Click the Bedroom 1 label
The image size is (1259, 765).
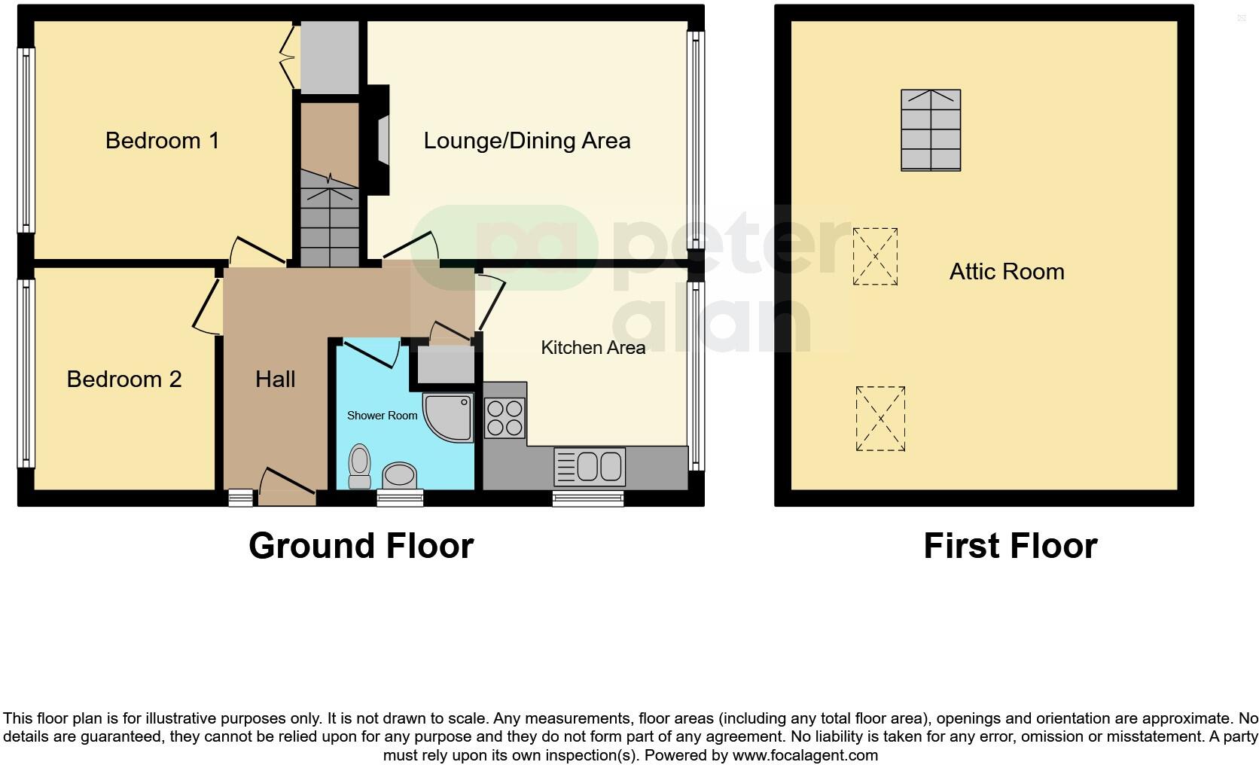point(162,141)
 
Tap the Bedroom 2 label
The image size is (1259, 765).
point(124,379)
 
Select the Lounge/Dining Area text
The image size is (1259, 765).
point(526,141)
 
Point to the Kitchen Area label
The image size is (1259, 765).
point(593,348)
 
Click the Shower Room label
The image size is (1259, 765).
point(382,416)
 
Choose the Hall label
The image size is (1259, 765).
point(275,379)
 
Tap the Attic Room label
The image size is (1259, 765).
point(1006,272)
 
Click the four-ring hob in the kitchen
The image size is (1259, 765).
point(505,419)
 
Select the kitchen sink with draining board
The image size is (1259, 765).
point(590,467)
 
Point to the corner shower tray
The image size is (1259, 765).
point(448,416)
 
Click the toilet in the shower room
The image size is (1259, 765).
point(360,466)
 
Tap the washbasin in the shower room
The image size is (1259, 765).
point(400,475)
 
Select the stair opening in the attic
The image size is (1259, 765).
point(931,130)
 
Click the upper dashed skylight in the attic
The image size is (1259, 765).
point(875,257)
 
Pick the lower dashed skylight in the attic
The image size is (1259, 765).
point(880,419)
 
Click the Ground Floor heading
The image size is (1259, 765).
point(361,546)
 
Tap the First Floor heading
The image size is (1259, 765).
point(1010,546)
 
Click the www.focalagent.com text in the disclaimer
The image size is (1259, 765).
point(805,755)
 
